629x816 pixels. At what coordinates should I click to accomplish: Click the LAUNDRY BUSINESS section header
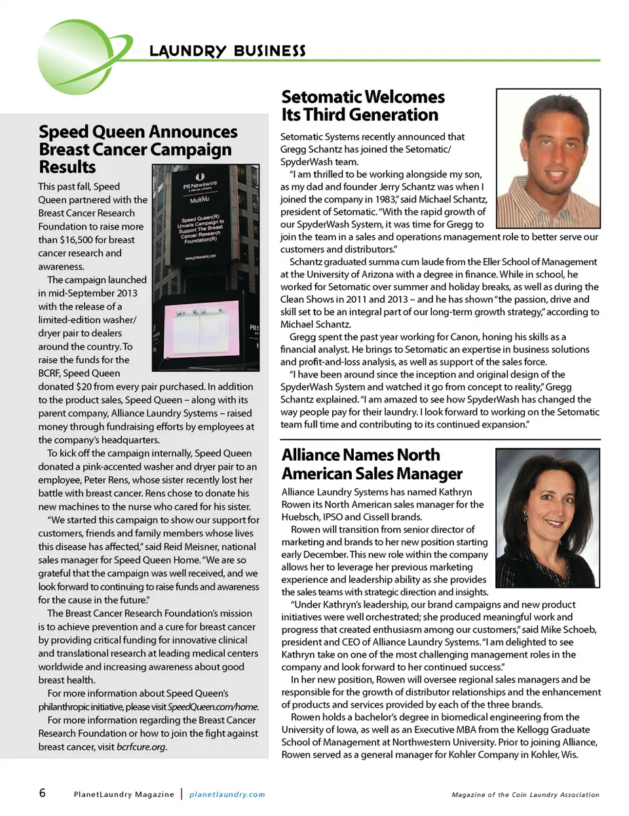click(x=227, y=51)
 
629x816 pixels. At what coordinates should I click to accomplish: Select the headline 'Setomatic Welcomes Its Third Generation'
click(x=362, y=106)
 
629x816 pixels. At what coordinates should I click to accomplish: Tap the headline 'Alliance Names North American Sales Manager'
click(x=372, y=464)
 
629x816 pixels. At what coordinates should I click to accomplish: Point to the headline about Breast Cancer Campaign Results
click(x=138, y=149)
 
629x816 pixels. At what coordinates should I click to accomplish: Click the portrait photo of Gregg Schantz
click(x=548, y=158)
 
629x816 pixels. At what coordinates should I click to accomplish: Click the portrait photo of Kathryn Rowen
click(x=547, y=518)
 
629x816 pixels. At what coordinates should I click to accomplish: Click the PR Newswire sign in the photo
click(x=200, y=185)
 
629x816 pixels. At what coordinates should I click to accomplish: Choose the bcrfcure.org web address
click(x=141, y=747)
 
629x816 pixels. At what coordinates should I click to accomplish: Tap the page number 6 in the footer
click(x=43, y=793)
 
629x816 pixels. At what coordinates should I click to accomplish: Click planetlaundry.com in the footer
click(x=227, y=794)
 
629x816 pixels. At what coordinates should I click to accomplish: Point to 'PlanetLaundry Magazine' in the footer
click(x=124, y=794)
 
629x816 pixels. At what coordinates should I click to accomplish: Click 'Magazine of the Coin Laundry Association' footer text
click(x=525, y=794)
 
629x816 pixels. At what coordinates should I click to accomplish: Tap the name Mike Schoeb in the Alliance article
click(x=569, y=629)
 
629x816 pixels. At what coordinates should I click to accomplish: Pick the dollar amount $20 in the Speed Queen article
click(x=84, y=387)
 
